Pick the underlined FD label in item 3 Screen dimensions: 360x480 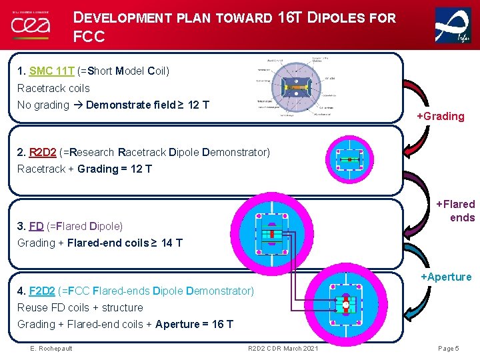[x=36, y=226]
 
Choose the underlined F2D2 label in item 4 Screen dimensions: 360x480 [x=42, y=291]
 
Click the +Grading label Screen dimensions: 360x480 [x=440, y=117]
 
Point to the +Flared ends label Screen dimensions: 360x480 [x=455, y=211]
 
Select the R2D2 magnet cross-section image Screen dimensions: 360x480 [x=349, y=160]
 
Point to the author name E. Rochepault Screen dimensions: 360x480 [x=51, y=349]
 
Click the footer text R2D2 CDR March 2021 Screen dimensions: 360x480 [x=283, y=349]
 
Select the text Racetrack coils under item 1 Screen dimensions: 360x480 [x=53, y=88]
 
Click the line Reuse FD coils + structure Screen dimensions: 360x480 [x=80, y=307]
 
